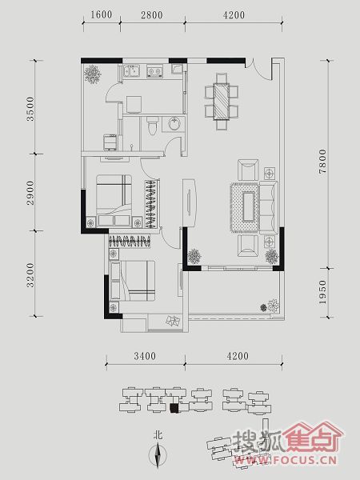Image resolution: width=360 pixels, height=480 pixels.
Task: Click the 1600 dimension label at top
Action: tap(102, 14)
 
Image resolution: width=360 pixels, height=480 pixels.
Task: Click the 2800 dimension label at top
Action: tap(152, 14)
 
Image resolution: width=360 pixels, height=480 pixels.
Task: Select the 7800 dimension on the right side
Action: tap(322, 162)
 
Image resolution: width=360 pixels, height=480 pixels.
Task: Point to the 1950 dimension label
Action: tap(322, 292)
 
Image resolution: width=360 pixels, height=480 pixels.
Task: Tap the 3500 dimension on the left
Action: tap(30, 109)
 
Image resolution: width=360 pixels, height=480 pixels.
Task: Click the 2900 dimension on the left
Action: tap(30, 193)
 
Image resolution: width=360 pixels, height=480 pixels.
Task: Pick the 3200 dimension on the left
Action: tap(30, 275)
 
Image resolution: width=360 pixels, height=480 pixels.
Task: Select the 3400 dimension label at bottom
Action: tap(145, 356)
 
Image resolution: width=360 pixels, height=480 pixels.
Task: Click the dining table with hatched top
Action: tap(221, 102)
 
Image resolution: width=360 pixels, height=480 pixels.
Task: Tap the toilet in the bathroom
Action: tap(152, 126)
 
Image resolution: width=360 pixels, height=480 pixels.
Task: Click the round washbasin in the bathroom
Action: tap(174, 124)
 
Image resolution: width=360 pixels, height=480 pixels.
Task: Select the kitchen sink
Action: tap(132, 71)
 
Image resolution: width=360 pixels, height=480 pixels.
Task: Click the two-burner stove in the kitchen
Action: tap(154, 71)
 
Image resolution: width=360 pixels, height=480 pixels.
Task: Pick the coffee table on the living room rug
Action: tap(248, 206)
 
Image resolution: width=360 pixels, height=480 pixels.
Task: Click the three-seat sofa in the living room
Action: tap(269, 208)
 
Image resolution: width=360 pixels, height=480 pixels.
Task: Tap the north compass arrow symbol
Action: tap(158, 456)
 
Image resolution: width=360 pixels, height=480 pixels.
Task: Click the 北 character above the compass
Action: tap(158, 435)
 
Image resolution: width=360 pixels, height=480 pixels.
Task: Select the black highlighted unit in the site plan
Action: tap(174, 408)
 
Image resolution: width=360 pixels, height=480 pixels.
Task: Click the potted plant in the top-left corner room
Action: tap(92, 74)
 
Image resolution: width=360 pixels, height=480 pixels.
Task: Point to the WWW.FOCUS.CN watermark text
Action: tap(286, 460)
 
